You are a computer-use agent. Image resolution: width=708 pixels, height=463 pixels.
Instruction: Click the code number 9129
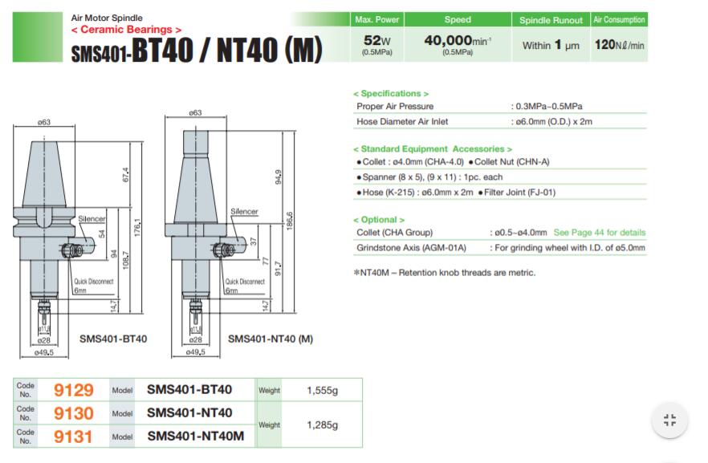tap(74, 390)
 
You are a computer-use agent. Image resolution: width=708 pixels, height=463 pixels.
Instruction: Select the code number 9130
tap(74, 413)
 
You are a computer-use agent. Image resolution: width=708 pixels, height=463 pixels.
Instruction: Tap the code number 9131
tap(74, 437)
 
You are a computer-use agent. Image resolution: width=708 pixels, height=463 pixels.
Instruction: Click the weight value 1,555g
tap(323, 390)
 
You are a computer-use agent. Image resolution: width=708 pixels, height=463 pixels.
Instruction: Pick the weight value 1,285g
tap(323, 424)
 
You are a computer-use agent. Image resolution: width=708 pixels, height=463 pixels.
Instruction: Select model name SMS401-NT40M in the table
tap(196, 437)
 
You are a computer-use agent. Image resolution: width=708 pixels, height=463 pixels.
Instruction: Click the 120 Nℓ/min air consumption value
tap(619, 46)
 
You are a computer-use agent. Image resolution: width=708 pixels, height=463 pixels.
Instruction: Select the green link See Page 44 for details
tap(599, 233)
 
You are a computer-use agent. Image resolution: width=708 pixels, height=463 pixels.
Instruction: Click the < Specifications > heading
tap(391, 94)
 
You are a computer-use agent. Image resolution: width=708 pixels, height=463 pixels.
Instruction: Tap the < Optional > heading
tap(379, 220)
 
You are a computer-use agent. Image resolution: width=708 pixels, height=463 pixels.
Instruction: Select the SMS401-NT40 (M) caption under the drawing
tap(270, 339)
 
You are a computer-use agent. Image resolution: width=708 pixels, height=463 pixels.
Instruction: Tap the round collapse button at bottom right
tap(669, 420)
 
